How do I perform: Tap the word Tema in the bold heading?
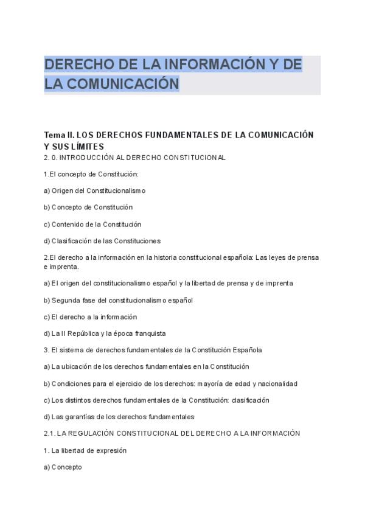click(55, 134)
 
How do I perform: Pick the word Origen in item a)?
click(63, 190)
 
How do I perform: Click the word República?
click(83, 333)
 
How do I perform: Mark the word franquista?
click(147, 333)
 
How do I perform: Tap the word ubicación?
click(78, 367)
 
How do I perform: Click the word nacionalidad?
click(277, 384)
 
